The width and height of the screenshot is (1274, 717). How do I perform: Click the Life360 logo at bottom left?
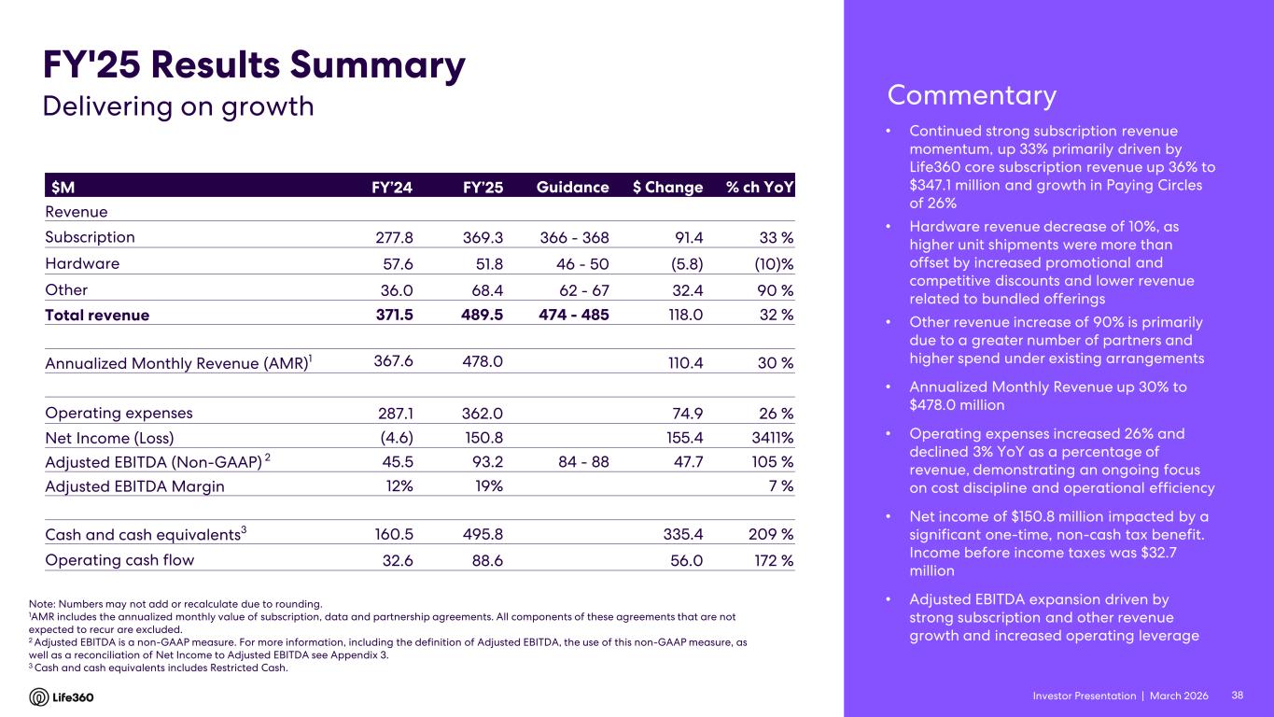coord(62,697)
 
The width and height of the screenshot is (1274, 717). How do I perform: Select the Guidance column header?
coord(572,187)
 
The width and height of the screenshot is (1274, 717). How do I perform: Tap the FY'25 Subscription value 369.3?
coord(483,237)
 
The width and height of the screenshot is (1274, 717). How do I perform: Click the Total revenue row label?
coord(97,315)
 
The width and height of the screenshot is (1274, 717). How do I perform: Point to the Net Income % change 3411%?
coord(770,438)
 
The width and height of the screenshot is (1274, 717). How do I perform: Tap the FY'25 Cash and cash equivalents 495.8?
coord(483,535)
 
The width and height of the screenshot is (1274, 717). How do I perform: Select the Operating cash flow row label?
coord(120,560)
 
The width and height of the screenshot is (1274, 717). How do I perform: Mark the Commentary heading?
coord(972,95)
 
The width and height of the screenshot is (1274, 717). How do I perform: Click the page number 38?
coord(1238,696)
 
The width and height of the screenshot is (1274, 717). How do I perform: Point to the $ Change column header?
coord(667,187)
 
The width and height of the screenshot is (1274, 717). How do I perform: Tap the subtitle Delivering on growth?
coord(179,106)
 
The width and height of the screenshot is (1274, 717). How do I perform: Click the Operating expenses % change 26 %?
coord(775,414)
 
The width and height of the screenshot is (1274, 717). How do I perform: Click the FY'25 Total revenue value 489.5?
coord(483,315)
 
